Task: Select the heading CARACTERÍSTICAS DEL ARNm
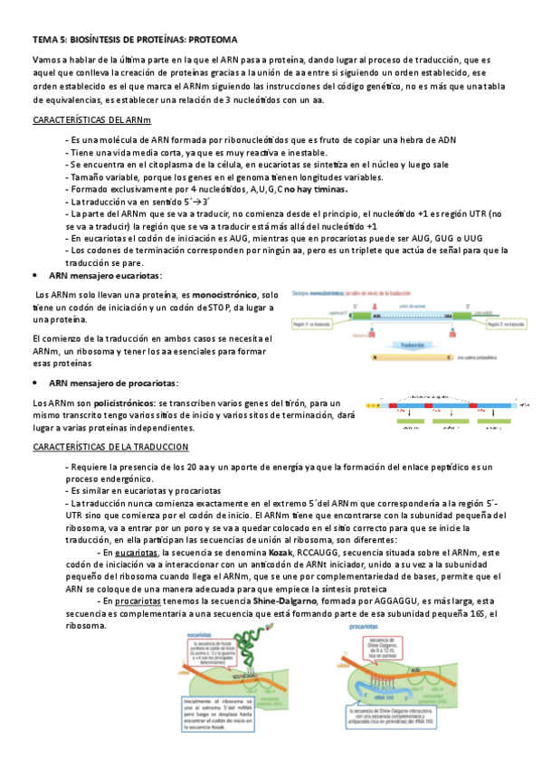[x=90, y=119]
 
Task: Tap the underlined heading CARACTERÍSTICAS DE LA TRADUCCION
[x=110, y=447]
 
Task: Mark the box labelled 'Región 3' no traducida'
[x=502, y=321]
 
